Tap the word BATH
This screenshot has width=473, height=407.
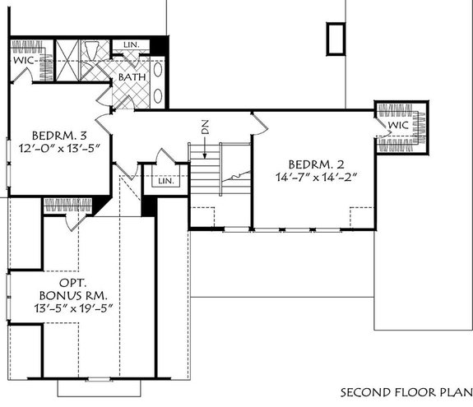click(x=132, y=77)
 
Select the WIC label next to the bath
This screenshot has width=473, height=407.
click(x=22, y=59)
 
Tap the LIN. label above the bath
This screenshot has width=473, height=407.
click(x=131, y=44)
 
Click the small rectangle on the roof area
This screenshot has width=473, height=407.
click(x=334, y=39)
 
